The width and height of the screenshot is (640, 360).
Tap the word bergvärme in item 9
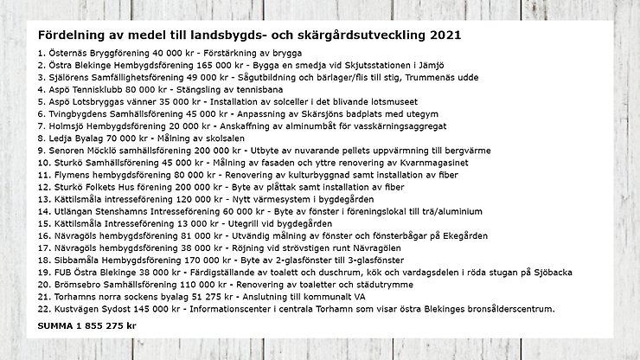[479, 149]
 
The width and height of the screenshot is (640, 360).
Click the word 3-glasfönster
[369, 259]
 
